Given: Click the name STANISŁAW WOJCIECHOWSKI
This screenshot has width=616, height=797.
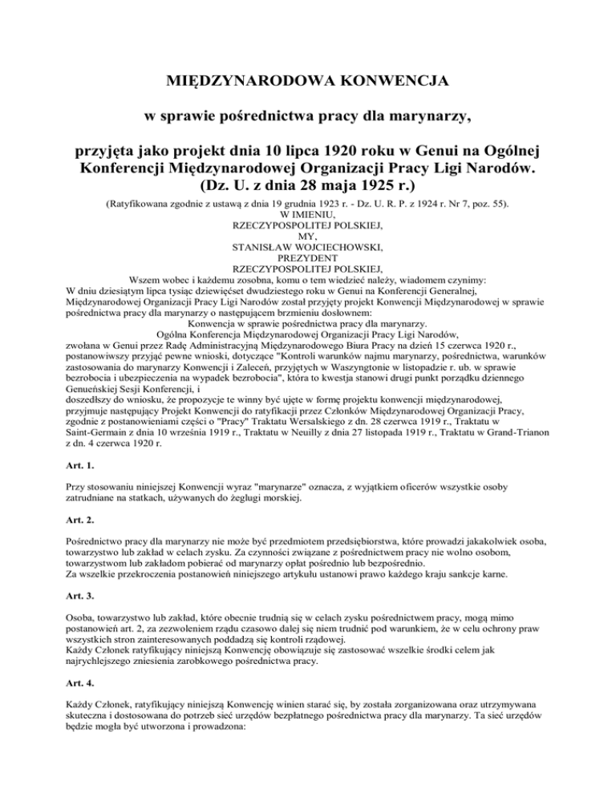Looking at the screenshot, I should [308, 248].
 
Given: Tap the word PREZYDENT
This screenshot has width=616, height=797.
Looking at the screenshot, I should [308, 258].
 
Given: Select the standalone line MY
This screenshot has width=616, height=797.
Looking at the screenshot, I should [308, 237].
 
